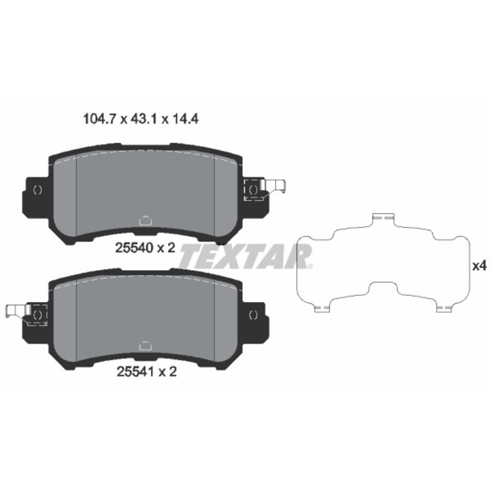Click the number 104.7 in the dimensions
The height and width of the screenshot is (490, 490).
pos(99,119)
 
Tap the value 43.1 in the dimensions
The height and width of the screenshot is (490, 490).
pos(144,119)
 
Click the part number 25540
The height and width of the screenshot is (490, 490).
pos(134,248)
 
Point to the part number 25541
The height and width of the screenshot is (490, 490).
pos(135,372)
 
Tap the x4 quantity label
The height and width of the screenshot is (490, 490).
pos(479,266)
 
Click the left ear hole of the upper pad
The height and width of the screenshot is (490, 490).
pos(37,190)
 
